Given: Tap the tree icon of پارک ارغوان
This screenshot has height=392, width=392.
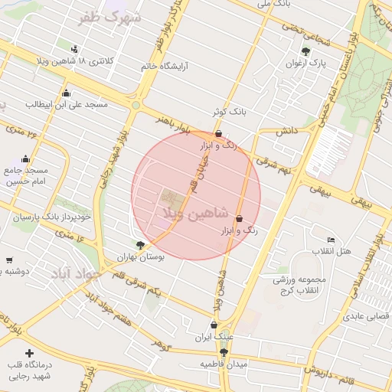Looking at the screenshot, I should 306,52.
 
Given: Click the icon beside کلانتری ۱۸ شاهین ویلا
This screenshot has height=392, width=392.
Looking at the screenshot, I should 74,48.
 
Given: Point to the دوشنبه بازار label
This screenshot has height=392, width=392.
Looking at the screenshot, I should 15,272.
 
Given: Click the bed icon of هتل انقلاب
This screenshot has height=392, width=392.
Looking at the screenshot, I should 331,240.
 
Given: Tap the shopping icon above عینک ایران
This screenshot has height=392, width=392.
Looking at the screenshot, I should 213,325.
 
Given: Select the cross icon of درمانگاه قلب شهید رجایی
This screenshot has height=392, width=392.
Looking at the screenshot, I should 29,354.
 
